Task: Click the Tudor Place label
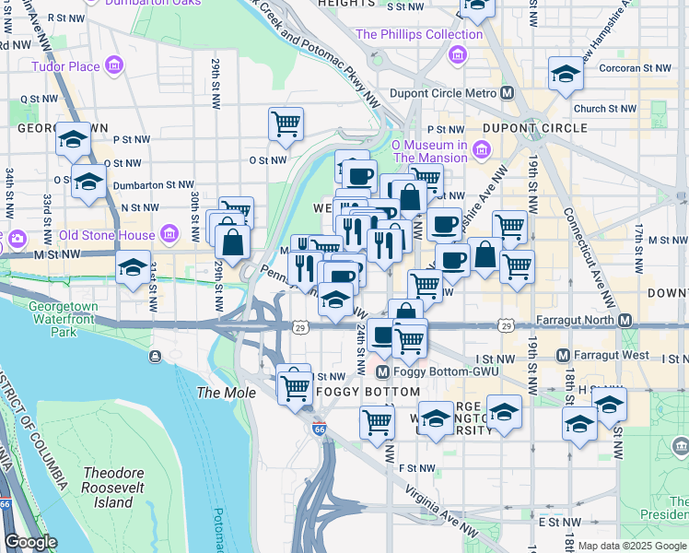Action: point(64,66)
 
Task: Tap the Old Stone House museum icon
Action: point(169,235)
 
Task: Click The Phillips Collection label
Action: point(419,35)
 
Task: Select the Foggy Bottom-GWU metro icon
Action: point(383,371)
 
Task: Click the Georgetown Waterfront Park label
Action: point(64,319)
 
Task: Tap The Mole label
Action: point(221,393)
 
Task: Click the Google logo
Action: point(30,543)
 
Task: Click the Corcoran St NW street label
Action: point(636,68)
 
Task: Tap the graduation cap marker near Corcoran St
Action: point(566,73)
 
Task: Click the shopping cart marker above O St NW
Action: point(286,123)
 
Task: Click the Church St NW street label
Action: point(604,109)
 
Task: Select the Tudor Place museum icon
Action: point(115,66)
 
